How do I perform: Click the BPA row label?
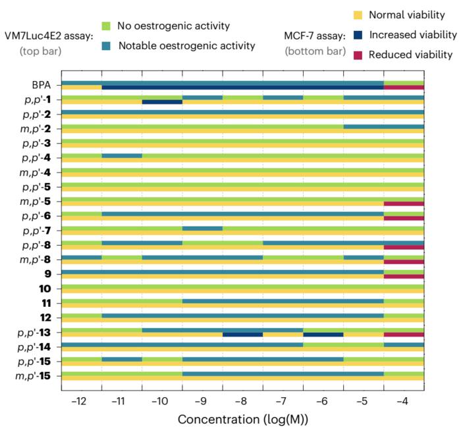[43, 85]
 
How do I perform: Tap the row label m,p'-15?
[37, 376]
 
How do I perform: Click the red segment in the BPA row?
[404, 88]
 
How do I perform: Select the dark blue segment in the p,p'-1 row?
[162, 102]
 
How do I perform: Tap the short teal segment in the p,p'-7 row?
[202, 228]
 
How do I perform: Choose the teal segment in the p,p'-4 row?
[122, 155]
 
